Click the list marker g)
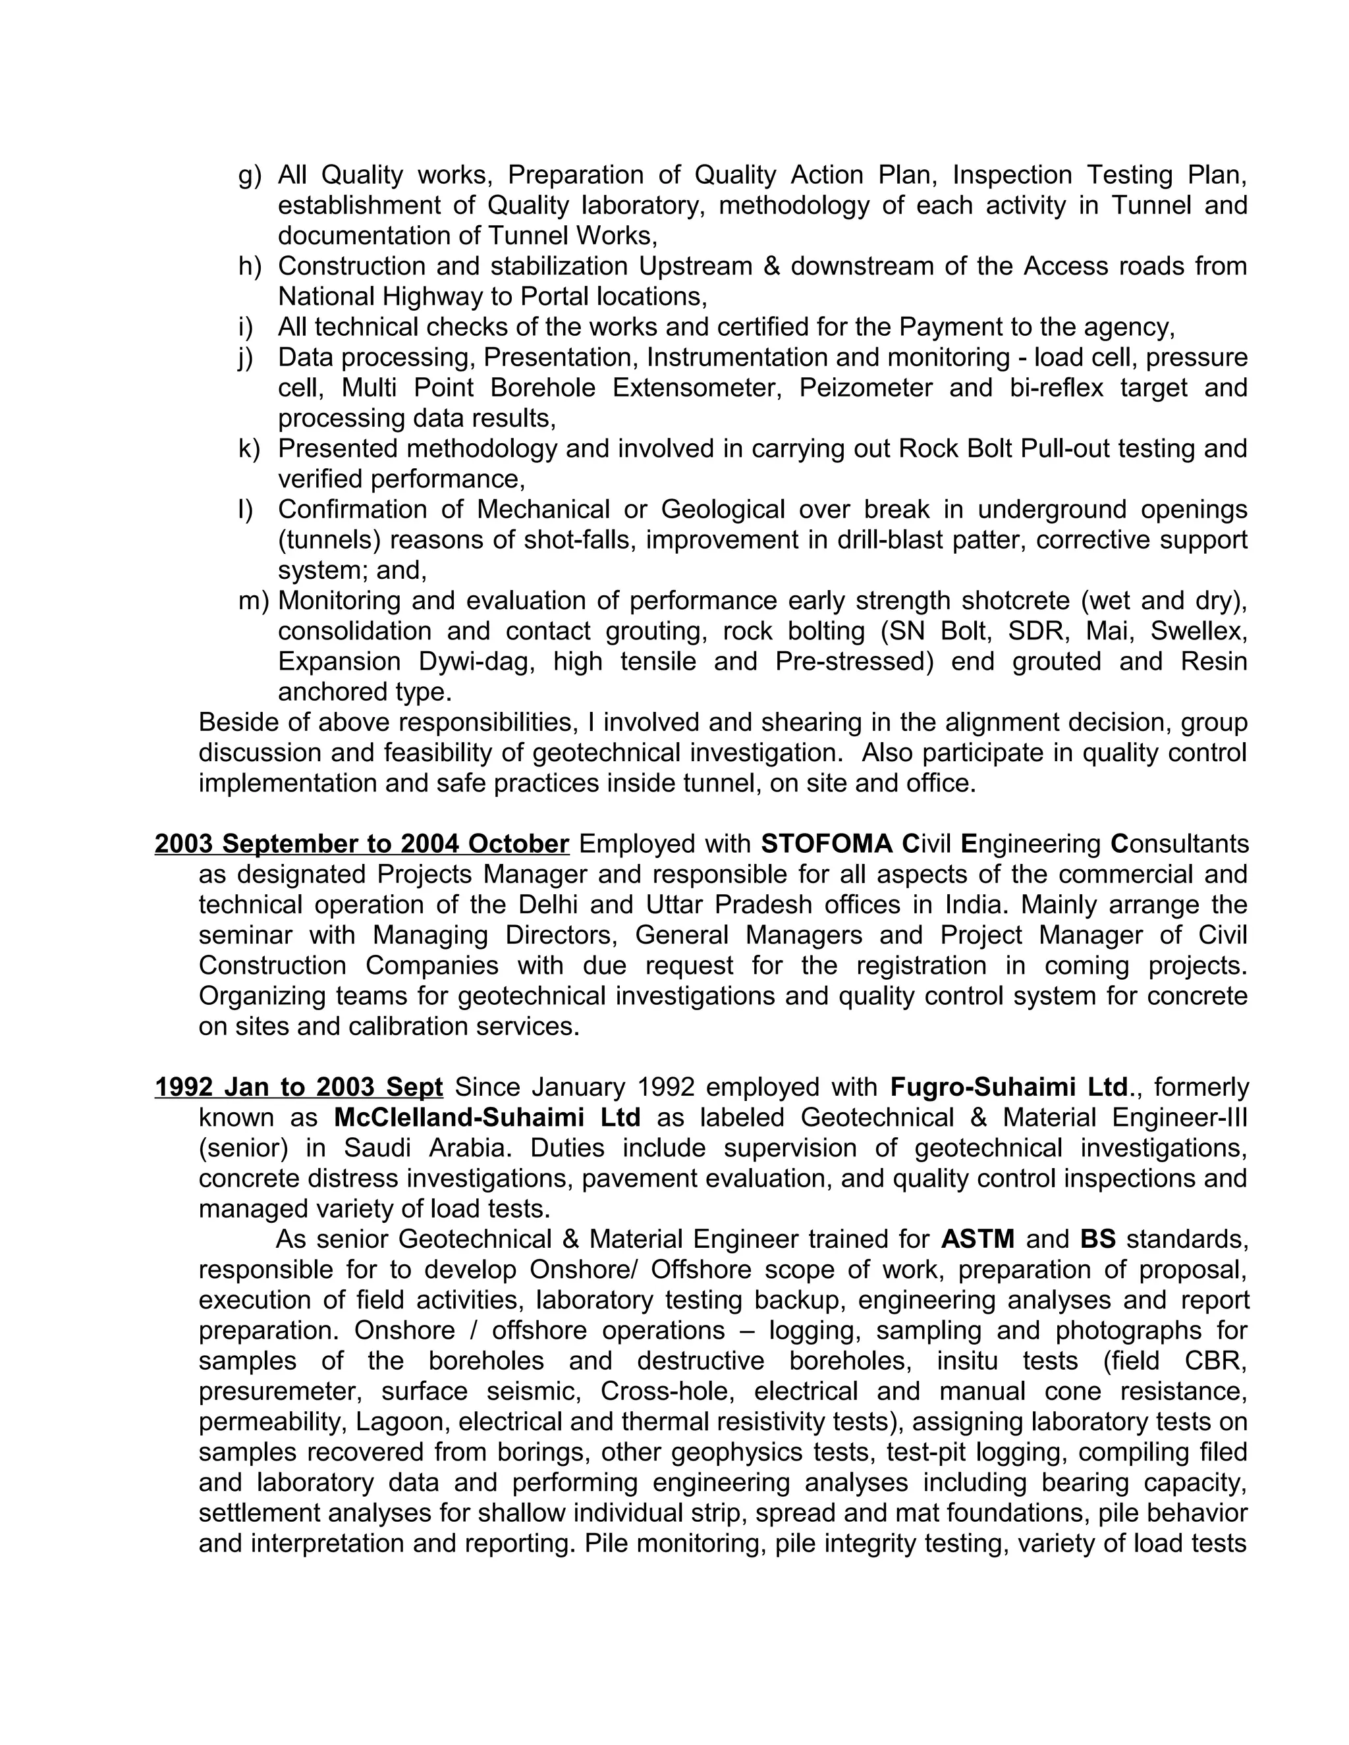click(x=250, y=175)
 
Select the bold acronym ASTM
click(x=977, y=1239)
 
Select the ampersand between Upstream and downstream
click(x=771, y=266)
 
